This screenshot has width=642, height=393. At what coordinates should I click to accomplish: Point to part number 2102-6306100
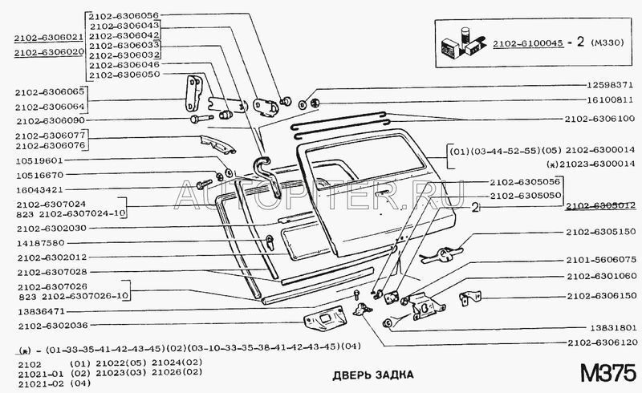click(598, 119)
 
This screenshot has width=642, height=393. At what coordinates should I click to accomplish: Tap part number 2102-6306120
click(599, 342)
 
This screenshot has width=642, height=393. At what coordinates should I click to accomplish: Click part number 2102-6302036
click(50, 326)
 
